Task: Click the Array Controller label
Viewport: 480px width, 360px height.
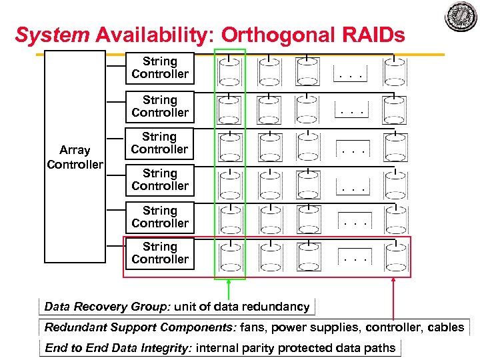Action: [x=75, y=157]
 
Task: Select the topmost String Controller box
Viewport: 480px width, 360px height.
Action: [x=160, y=68]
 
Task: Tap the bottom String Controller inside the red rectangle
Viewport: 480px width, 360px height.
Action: [x=160, y=253]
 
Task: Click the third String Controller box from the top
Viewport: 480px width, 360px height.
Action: [x=159, y=143]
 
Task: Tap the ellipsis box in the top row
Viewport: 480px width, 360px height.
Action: [x=350, y=75]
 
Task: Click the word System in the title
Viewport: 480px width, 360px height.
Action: [x=52, y=35]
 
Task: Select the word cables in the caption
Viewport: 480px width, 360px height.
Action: [x=445, y=327]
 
